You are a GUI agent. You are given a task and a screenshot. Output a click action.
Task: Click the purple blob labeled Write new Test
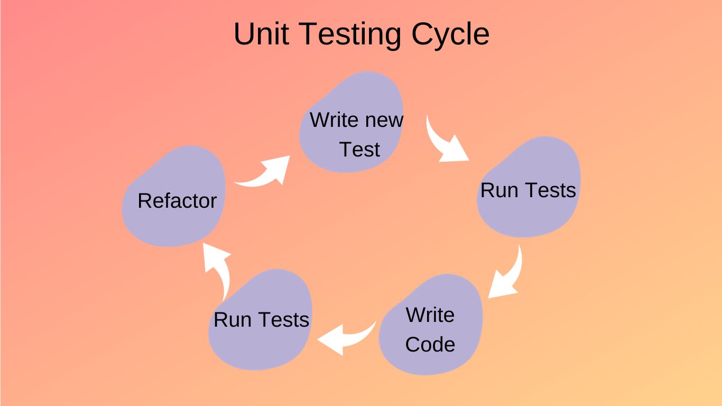351,95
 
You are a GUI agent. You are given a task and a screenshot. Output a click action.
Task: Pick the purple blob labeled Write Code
431,296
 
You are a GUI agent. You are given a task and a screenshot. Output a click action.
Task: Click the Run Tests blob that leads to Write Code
529,217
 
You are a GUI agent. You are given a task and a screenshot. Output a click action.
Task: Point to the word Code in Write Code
430,344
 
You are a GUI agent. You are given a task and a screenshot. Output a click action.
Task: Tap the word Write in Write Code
430,315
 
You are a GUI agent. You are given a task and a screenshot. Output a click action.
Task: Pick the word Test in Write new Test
359,150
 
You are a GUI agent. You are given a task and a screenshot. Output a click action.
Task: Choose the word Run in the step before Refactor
228,320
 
